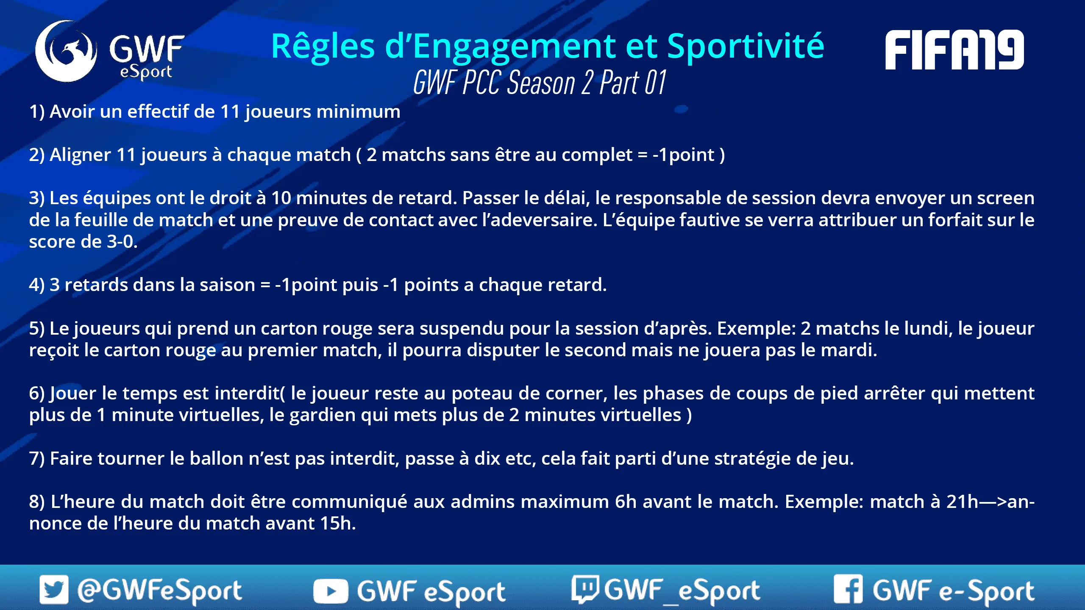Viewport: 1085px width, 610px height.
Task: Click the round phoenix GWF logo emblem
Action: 66,51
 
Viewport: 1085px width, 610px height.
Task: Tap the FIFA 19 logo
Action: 954,50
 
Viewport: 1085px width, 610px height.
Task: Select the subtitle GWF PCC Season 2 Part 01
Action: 540,82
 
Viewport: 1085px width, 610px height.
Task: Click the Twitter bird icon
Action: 54,589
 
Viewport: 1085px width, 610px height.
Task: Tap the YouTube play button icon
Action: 331,591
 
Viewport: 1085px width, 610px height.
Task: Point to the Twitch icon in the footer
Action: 585,589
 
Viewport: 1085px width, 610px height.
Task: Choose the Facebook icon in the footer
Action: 848,589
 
